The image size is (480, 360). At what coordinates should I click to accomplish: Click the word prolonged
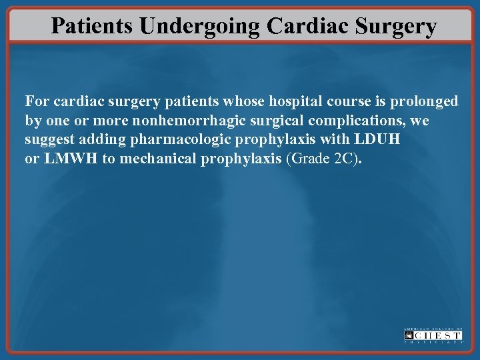tap(425, 102)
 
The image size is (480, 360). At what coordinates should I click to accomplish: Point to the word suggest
tap(49, 141)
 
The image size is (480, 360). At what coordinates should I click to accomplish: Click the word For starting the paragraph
tap(37, 102)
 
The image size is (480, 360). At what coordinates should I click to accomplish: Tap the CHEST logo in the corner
tap(433, 335)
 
